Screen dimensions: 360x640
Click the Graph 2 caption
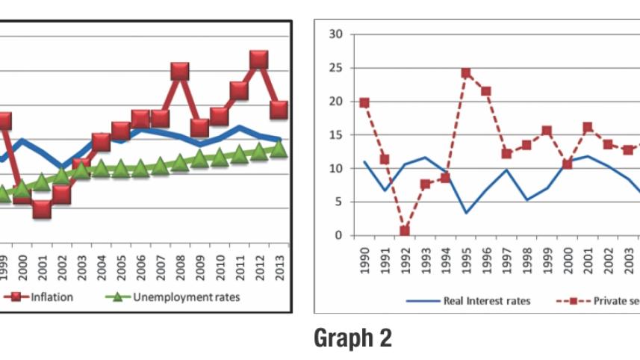[x=352, y=338]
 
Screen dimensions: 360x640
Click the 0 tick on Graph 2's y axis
[x=339, y=236]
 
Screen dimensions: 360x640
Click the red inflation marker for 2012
[x=259, y=60]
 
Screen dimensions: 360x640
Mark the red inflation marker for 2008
[x=179, y=71]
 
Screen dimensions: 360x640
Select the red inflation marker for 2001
[x=42, y=208]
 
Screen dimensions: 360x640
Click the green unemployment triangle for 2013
[x=279, y=149]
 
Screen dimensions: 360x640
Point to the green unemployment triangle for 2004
[x=101, y=168]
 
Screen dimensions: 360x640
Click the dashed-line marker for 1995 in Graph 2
[x=466, y=72]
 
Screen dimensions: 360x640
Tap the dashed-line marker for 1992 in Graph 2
[x=405, y=232]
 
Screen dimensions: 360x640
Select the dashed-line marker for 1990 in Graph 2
[x=364, y=102]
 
